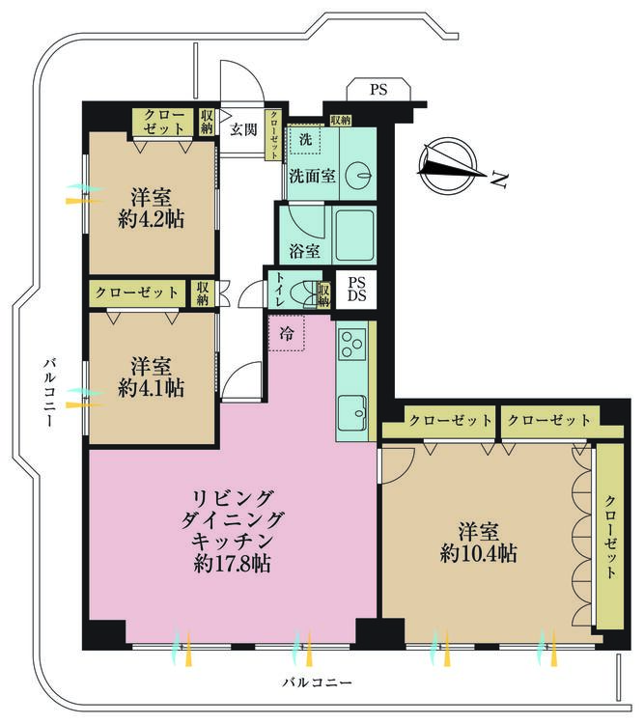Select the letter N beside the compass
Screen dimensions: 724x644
pyautogui.click(x=498, y=180)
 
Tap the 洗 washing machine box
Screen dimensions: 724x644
pyautogui.click(x=305, y=140)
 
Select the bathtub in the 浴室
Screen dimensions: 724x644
pyautogui.click(x=353, y=236)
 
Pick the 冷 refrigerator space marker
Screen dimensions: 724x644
pyautogui.click(x=288, y=332)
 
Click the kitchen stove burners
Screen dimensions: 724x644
pyautogui.click(x=351, y=344)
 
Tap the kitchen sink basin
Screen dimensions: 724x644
pyautogui.click(x=352, y=414)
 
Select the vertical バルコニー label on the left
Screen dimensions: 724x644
pyautogui.click(x=48, y=392)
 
